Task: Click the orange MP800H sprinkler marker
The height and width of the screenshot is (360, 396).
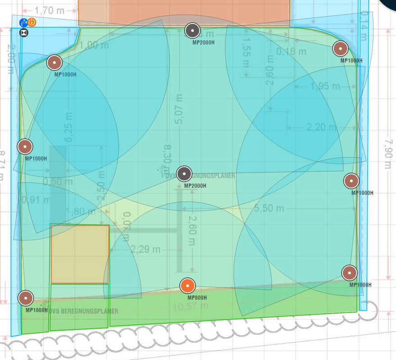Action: point(187,286)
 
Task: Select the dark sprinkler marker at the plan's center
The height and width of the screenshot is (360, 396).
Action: point(184,174)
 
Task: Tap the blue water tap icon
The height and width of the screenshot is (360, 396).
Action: point(23,22)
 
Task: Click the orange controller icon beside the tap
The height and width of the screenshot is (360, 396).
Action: point(32,22)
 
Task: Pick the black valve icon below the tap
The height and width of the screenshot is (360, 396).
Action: point(24,32)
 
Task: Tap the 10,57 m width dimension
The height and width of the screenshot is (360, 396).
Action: point(191,306)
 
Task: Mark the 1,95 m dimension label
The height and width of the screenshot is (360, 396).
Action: point(325,85)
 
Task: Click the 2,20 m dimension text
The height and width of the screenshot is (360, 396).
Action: point(322,127)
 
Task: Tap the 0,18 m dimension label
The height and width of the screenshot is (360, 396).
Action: point(291,51)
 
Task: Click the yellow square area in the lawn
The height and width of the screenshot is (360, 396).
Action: point(80,254)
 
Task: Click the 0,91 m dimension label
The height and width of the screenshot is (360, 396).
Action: point(35,200)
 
